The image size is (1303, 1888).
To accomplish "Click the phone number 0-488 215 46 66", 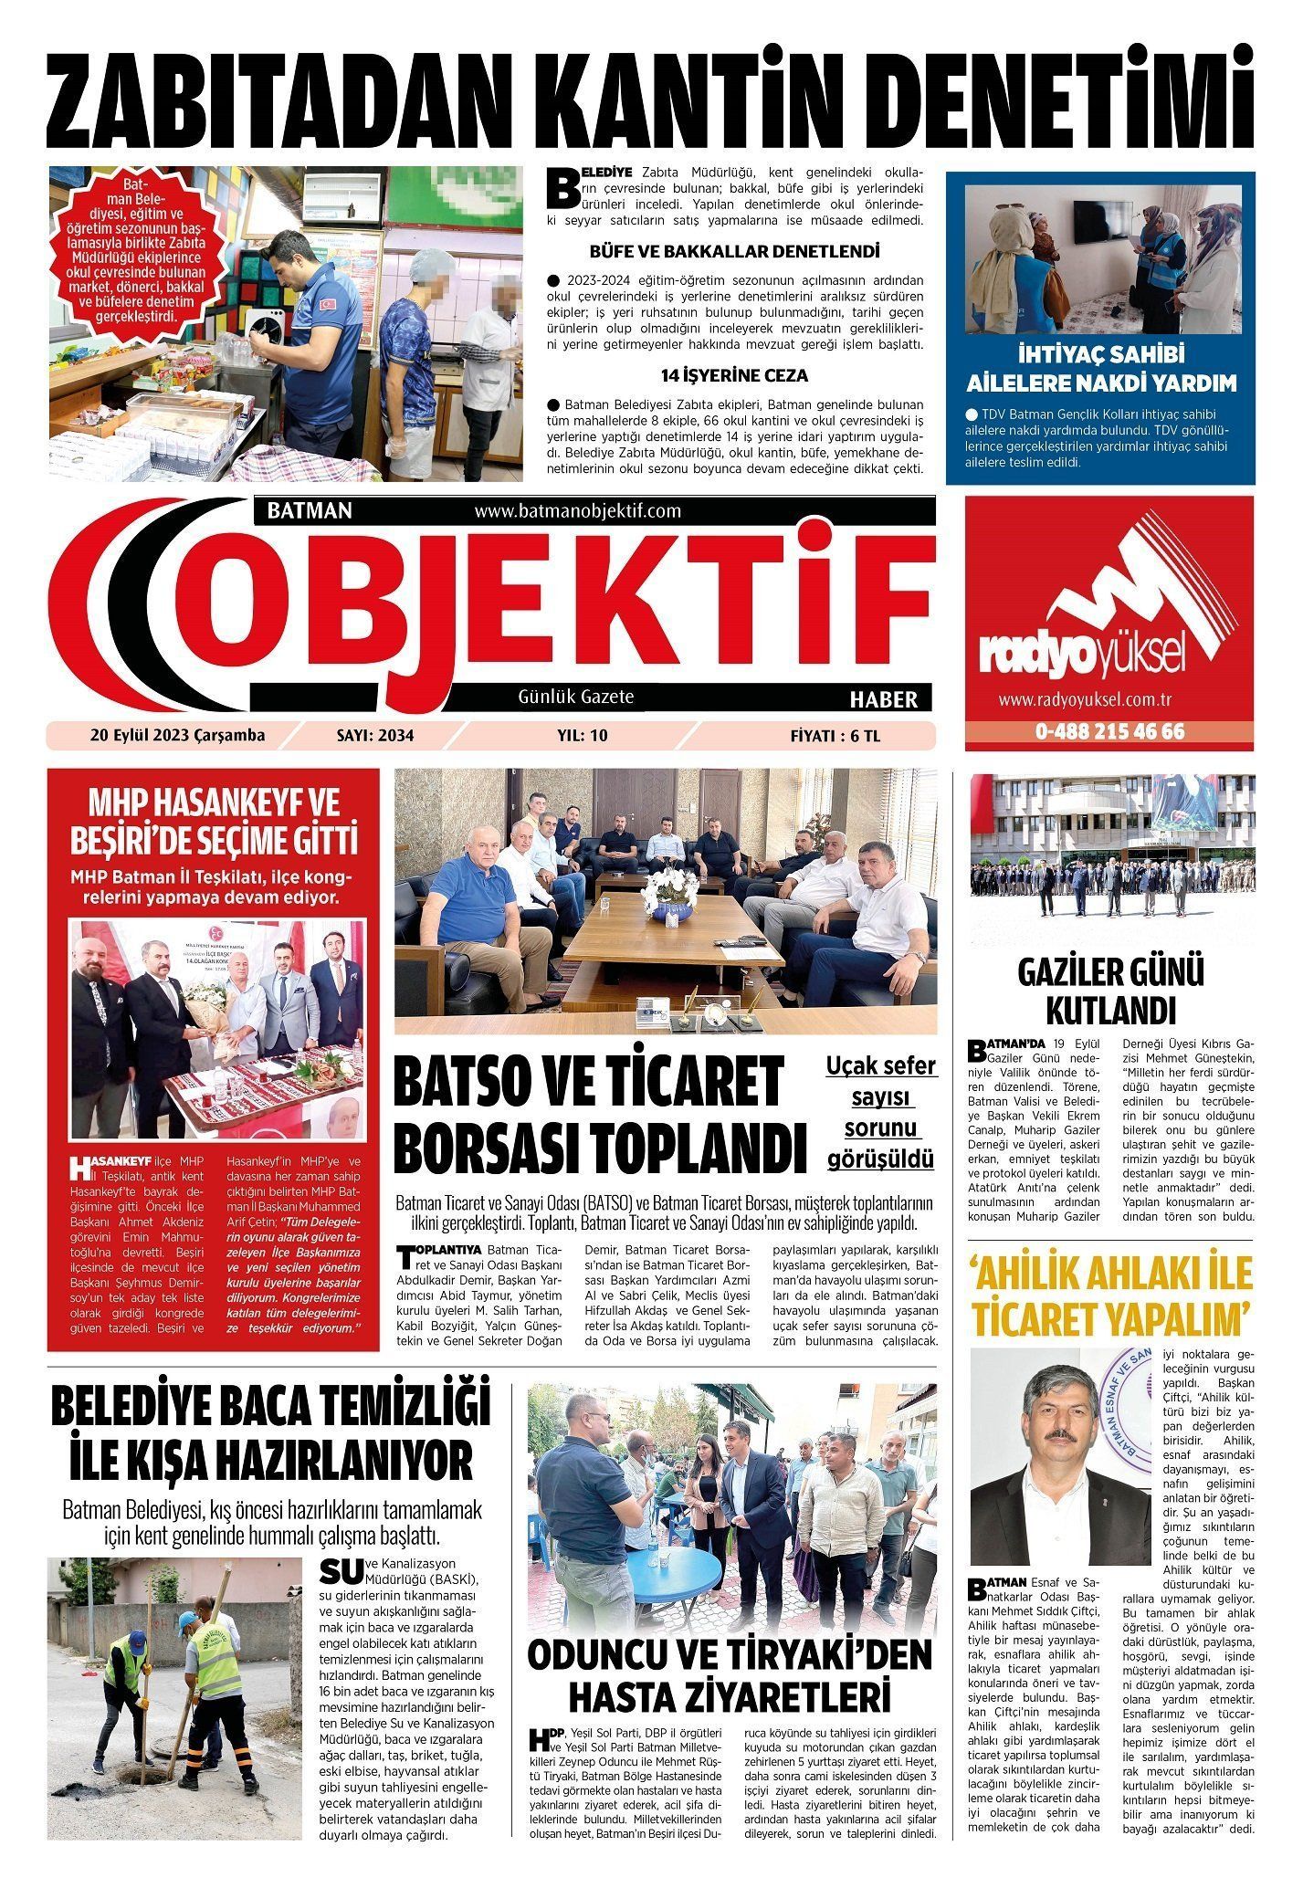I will pos(1109,732).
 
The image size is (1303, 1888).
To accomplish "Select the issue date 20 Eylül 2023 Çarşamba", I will pos(177,736).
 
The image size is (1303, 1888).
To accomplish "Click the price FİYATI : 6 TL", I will pos(835,736).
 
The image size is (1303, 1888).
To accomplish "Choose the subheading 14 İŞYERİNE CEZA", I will pos(734,375).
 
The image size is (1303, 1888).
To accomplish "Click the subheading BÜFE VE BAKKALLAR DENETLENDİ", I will pos(734,250).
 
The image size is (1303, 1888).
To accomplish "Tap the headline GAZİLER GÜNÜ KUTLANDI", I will pos(1110,992).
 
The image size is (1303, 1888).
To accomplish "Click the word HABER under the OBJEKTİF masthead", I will pos(883,699).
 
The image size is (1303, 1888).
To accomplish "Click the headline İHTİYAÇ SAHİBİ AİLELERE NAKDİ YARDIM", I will pos(1100,369).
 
